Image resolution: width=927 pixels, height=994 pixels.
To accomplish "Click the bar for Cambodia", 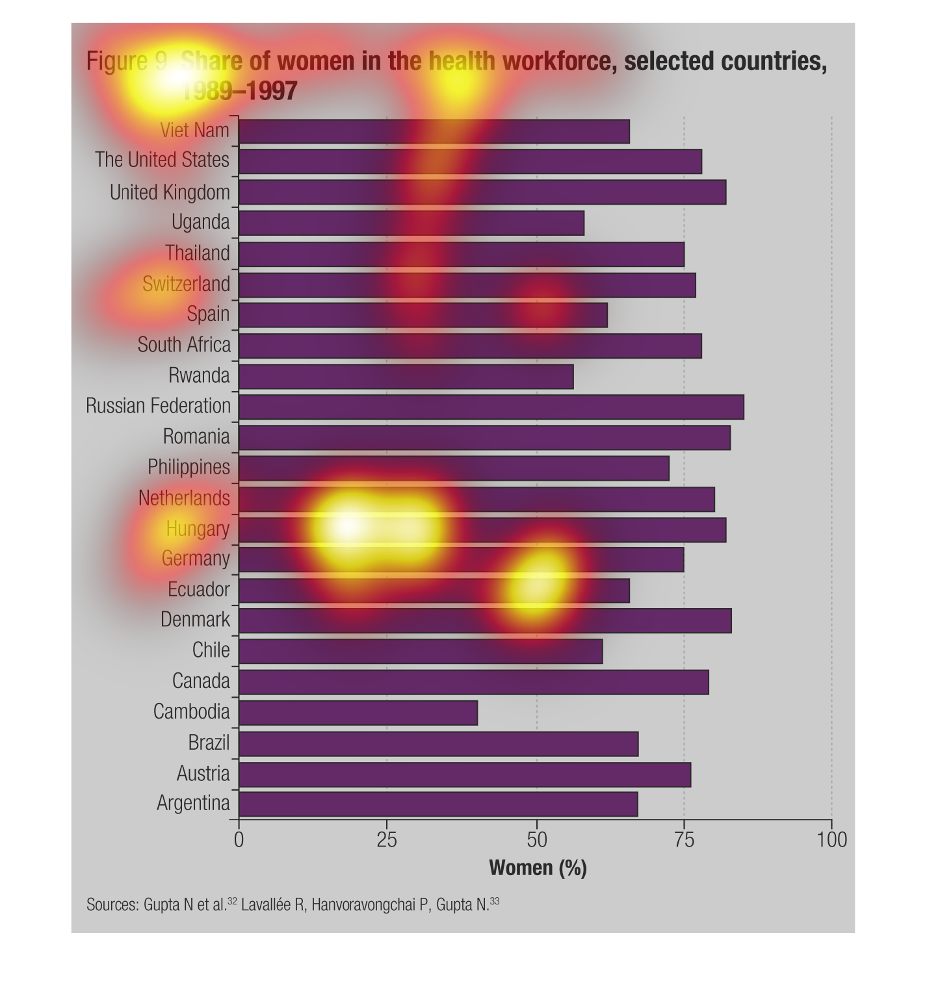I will pos(358,713).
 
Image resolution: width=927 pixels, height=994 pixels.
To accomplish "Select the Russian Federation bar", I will pos(491,407).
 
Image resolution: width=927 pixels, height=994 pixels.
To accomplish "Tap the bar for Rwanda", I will pos(406,376).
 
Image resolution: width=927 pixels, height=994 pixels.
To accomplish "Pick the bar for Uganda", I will pos(411,223).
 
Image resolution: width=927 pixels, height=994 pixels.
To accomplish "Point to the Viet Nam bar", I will pos(434,131).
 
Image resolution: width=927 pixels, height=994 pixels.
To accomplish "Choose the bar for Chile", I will pos(421,651).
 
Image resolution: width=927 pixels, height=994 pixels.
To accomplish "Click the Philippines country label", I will pos(189,467).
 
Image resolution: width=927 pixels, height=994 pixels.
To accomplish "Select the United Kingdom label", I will pos(170,192).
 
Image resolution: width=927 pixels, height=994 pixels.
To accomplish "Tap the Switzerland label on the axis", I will pos(186,284).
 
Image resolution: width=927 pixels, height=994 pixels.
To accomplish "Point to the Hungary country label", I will pos(198,529).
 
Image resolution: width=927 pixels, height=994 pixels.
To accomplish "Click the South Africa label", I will pos(184,344).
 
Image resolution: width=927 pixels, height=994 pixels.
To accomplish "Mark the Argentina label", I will pos(193,804).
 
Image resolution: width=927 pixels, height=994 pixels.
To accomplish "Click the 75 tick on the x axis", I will pos(683,840).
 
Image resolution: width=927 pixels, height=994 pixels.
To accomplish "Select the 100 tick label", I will pos(831,840).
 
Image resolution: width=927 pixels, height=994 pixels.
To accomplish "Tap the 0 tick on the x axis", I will pos(239,840).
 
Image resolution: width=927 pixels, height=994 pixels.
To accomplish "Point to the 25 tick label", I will pos(387,840).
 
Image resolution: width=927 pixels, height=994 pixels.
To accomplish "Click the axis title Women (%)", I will pos(538,868).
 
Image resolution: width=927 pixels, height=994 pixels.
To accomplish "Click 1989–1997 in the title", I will pos(239,91).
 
